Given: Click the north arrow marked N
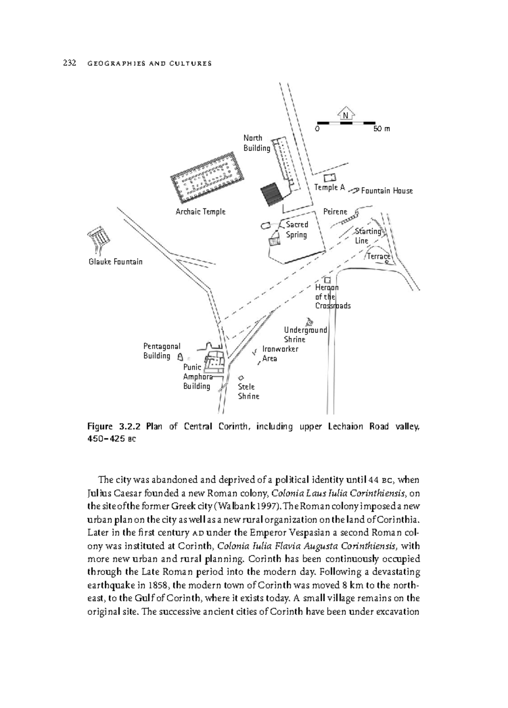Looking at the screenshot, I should (346, 114).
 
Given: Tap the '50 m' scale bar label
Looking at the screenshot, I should (381, 128).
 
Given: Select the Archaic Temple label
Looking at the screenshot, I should (200, 212).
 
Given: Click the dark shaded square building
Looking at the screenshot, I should (271, 195).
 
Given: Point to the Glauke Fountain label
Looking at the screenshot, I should (116, 262).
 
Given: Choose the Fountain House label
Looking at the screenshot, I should (387, 191).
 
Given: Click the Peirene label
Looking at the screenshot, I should (335, 212).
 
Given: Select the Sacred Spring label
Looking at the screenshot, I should (296, 229).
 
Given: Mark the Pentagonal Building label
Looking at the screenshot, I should (161, 351).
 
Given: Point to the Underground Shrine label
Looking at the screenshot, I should (305, 334).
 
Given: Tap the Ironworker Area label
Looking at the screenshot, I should (280, 353).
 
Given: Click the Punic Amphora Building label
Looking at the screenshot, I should (197, 376).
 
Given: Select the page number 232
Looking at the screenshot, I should (69, 63).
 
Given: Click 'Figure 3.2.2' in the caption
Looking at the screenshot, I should (114, 426).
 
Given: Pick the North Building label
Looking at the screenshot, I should (256, 143).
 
